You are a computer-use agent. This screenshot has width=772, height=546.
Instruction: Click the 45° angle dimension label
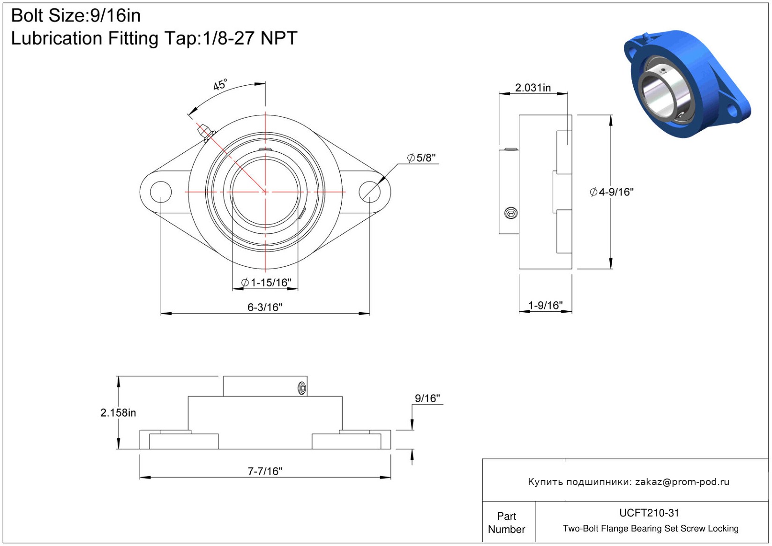[220, 85]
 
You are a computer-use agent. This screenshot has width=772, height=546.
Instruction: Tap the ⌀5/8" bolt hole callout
[421, 157]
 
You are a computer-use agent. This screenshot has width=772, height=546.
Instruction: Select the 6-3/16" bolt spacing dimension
[265, 307]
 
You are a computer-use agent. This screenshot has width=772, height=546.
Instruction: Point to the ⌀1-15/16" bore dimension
[266, 282]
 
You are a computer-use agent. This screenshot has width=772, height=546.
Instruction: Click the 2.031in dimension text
[533, 88]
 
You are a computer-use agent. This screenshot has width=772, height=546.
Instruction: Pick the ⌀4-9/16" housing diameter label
[611, 192]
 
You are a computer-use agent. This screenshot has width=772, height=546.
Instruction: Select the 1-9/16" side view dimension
[545, 305]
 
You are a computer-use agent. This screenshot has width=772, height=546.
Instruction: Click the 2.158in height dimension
[118, 412]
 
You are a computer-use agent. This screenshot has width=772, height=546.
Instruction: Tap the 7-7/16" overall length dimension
[265, 471]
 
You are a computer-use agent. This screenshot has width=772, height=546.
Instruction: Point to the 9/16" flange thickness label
[427, 398]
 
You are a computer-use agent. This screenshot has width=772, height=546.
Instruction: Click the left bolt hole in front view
[161, 192]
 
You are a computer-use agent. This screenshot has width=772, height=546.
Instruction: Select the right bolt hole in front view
[369, 192]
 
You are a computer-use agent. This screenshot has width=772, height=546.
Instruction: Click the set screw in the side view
[510, 213]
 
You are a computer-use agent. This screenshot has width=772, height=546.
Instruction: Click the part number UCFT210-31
[649, 513]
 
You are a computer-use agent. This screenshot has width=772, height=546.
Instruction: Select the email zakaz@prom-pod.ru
[682, 481]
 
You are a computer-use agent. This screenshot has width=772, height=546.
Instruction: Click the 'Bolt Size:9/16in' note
[76, 15]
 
